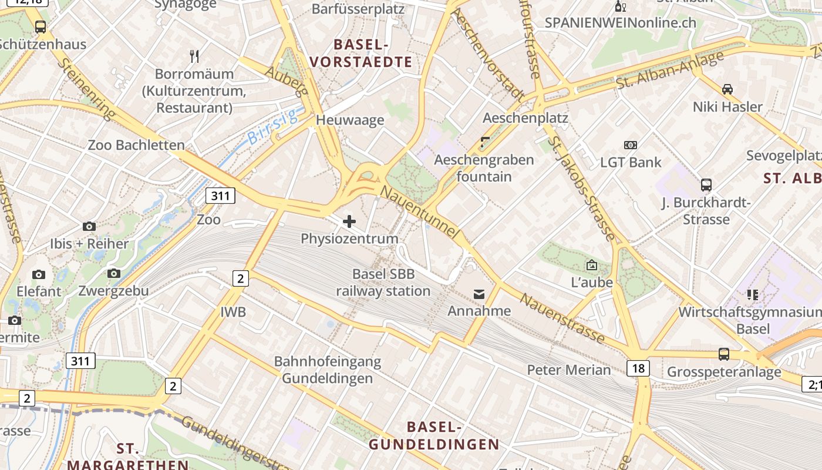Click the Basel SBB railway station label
(x=383, y=283)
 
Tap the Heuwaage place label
(x=350, y=120)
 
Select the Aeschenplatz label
(x=534, y=118)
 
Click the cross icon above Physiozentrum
(x=349, y=221)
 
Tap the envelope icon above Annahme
(x=479, y=294)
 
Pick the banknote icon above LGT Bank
(x=631, y=145)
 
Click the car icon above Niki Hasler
(x=727, y=89)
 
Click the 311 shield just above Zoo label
(x=220, y=196)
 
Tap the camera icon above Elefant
(x=39, y=274)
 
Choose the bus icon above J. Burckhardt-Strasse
(x=706, y=185)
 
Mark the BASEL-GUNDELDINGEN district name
(x=434, y=435)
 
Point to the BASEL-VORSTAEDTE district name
(x=361, y=53)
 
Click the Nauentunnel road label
(x=419, y=212)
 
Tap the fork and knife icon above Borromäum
(x=195, y=56)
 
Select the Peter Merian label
(x=569, y=370)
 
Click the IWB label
(x=233, y=312)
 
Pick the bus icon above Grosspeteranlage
(x=724, y=354)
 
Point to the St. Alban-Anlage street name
(x=670, y=72)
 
